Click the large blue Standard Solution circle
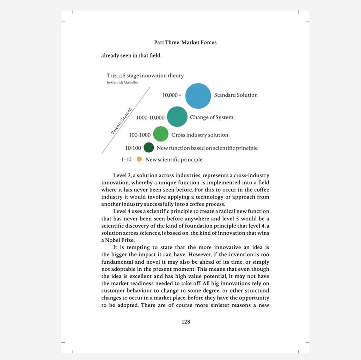click(198, 96)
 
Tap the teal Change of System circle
click(177, 117)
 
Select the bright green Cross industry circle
click(161, 134)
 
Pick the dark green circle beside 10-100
click(149, 147)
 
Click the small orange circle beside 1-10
click(139, 159)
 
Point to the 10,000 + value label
click(172, 95)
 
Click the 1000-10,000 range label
click(150, 117)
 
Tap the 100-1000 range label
click(140, 135)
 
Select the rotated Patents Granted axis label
click(121, 121)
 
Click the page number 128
click(186, 322)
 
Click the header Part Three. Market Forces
click(185, 42)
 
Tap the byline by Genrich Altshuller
click(122, 83)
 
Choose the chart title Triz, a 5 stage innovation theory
click(145, 75)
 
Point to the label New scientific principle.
click(175, 160)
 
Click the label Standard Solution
click(236, 95)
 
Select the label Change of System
click(212, 117)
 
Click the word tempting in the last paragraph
click(140, 247)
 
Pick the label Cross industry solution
click(200, 135)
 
